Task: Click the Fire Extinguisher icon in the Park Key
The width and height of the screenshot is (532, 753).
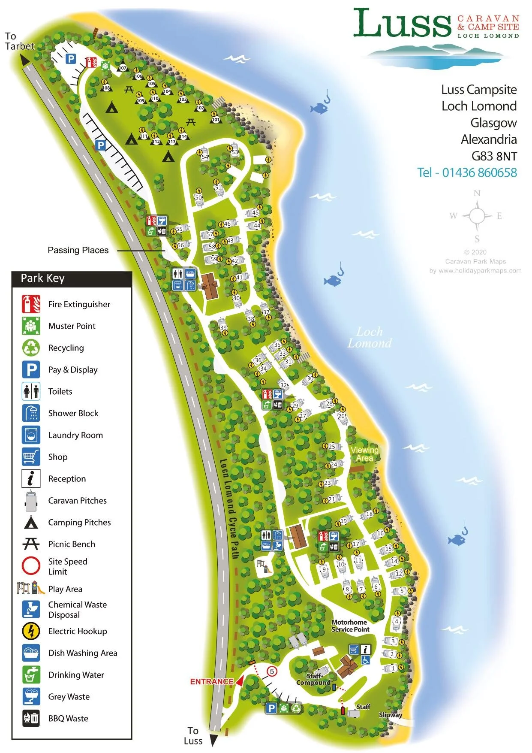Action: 31,304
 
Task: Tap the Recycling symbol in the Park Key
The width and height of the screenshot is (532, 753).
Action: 31,348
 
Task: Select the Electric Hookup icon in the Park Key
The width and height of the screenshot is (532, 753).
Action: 31,631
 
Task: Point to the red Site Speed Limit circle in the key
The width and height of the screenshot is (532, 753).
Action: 31,566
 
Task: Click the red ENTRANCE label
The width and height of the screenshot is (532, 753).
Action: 212,681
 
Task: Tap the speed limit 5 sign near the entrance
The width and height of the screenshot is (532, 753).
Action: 272,671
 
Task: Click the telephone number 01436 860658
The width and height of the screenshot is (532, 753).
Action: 467,172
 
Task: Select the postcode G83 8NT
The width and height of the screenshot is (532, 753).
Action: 494,156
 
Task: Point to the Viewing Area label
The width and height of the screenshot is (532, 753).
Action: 364,454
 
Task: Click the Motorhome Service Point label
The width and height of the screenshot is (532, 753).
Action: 350,626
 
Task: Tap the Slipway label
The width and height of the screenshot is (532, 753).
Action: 390,715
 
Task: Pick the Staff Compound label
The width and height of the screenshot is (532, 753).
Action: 313,679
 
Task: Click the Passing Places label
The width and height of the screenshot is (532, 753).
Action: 78,250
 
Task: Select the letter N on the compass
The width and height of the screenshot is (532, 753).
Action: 477,193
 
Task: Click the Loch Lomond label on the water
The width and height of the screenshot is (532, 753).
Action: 370,337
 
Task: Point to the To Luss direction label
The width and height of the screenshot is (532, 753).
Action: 193,735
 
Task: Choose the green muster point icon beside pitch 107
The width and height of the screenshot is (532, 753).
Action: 105,66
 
